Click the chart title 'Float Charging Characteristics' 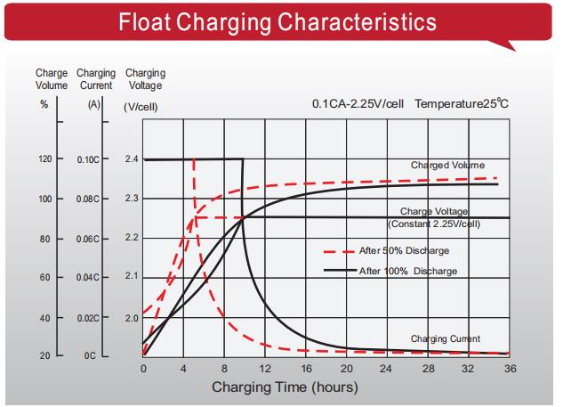point(277,21)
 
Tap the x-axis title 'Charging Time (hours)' point(285,387)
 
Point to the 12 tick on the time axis point(265,369)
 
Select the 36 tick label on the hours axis point(511,369)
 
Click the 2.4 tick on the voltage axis point(132,159)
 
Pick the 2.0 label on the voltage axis point(132,318)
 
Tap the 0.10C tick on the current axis point(88,159)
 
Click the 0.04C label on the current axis point(88,277)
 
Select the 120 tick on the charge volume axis point(44,159)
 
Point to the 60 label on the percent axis point(44,277)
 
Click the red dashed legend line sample point(339,252)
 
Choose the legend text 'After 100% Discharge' point(408,271)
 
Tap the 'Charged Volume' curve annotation point(447,165)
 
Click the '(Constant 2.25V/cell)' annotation point(434,224)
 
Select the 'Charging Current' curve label point(446,338)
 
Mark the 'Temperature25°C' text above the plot point(462,103)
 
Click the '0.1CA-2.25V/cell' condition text point(358,104)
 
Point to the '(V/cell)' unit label point(141,107)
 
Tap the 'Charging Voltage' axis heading point(145,79)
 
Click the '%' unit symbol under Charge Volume point(44,104)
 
